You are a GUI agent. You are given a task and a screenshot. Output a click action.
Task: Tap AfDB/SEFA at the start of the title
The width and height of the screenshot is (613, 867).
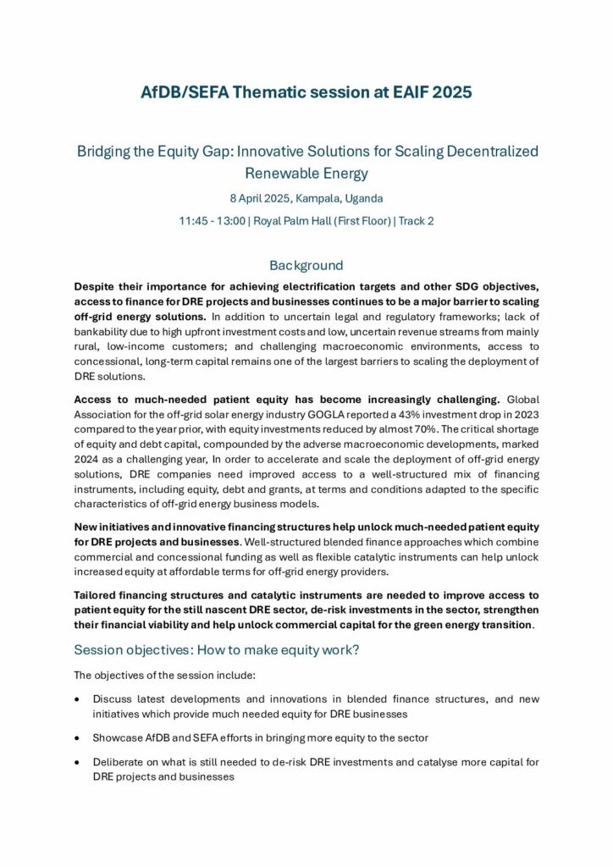(180, 91)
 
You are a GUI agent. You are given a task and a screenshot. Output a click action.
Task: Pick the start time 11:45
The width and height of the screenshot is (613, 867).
(192, 221)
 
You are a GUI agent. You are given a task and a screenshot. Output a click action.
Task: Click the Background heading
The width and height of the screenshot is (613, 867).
(306, 265)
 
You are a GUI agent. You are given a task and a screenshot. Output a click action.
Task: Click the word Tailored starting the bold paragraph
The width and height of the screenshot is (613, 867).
(98, 594)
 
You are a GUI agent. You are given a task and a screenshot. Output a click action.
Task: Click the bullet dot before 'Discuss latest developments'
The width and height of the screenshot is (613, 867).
(79, 699)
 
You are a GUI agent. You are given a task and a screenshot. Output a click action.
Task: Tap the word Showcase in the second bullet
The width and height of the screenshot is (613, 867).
(118, 737)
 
